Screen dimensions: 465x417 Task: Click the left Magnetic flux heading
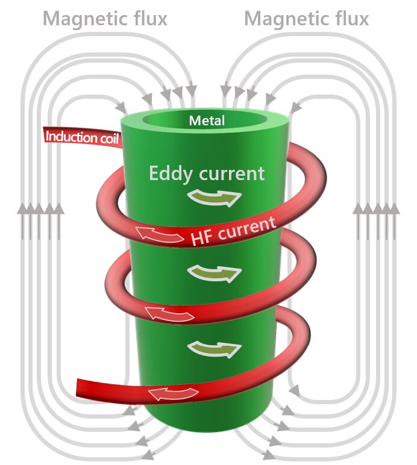click(105, 19)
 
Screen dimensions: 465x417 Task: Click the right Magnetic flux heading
click(306, 19)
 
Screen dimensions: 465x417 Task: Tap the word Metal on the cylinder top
click(207, 121)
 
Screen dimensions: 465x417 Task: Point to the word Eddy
click(171, 173)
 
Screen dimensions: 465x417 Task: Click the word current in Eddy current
click(233, 174)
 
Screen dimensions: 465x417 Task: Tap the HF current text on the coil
click(233, 229)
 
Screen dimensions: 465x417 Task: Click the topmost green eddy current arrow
click(214, 198)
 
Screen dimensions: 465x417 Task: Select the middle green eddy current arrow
click(214, 273)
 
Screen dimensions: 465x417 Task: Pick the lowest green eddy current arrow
click(214, 348)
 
